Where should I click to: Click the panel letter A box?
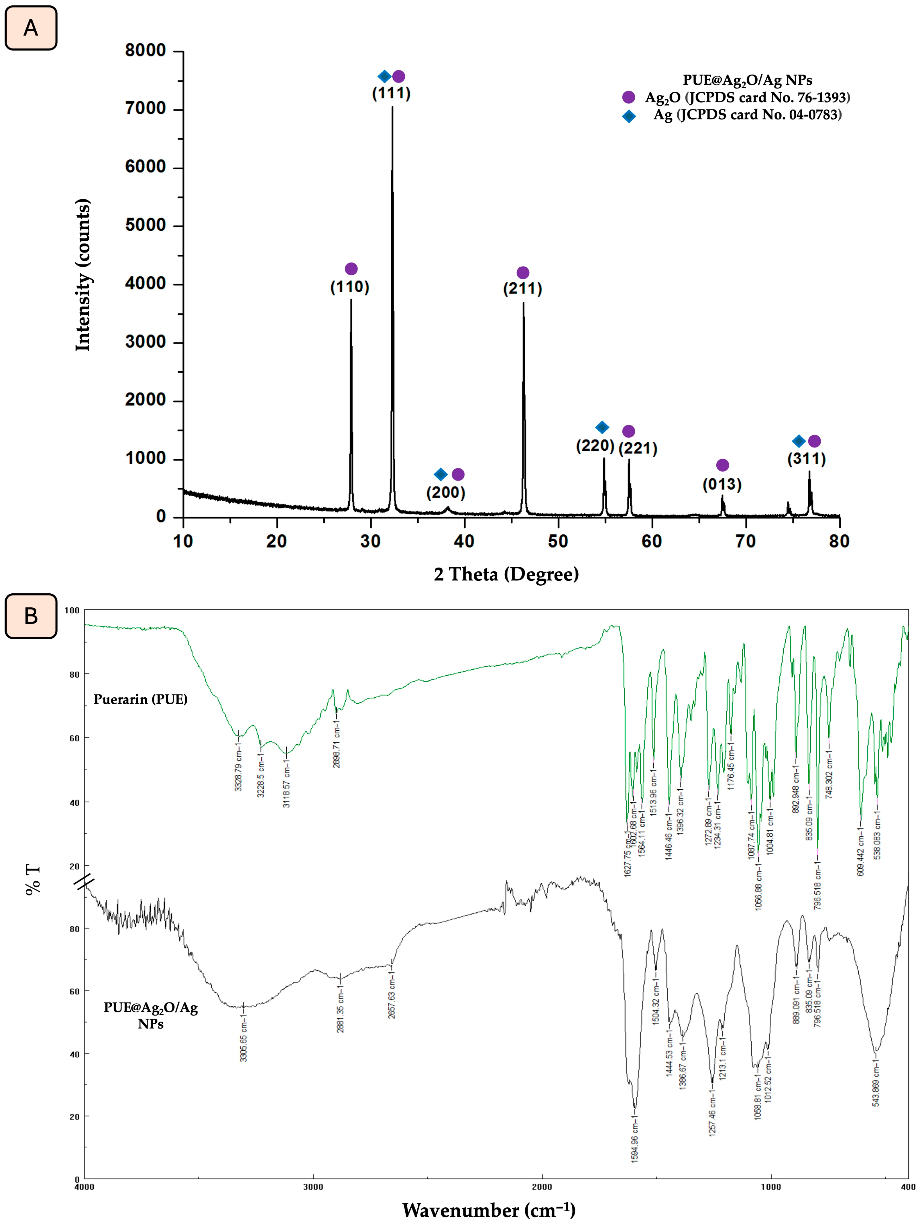click(31, 28)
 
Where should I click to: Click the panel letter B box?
click(31, 616)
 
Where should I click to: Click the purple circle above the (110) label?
click(351, 269)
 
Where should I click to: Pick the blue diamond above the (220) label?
click(602, 427)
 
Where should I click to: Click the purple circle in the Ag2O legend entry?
click(628, 97)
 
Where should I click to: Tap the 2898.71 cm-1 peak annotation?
click(336, 747)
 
